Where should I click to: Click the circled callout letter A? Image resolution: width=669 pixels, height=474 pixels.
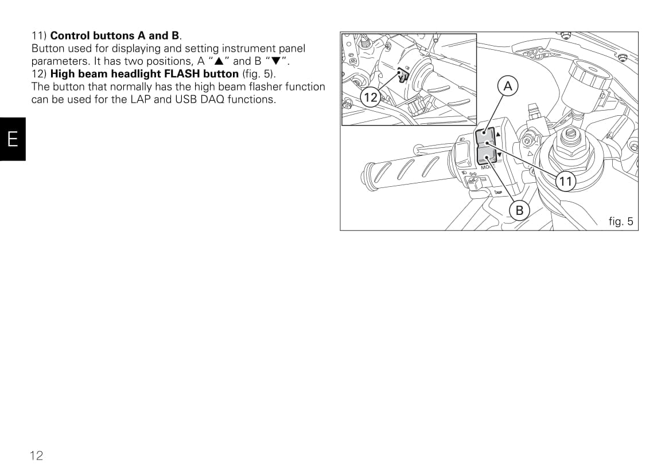508,87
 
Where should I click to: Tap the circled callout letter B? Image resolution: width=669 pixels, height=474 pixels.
519,210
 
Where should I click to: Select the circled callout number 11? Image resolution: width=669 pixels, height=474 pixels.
565,182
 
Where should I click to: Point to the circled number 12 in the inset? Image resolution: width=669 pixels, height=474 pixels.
370,97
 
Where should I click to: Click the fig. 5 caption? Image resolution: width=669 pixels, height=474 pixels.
621,221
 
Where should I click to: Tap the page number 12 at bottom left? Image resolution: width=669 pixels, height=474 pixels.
36,456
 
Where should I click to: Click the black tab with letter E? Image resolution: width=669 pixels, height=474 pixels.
13,139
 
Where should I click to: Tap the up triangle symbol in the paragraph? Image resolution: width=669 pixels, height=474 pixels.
219,61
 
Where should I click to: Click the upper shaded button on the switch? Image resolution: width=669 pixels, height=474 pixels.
485,138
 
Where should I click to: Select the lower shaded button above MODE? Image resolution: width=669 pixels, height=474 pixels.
487,155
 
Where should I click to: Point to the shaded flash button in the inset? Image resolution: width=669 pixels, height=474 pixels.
403,75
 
